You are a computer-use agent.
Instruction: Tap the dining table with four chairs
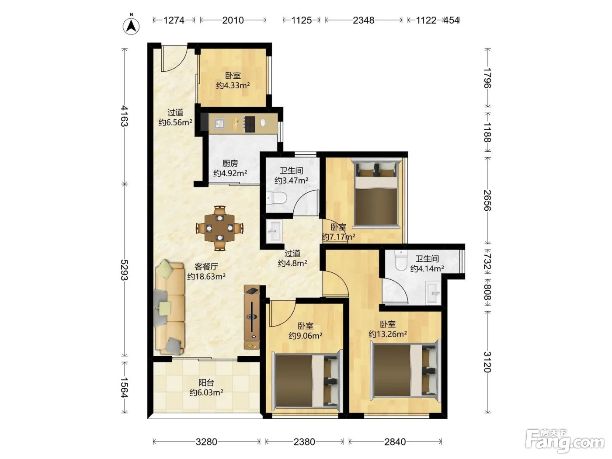[x=220, y=228]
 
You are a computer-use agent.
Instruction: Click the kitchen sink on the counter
[x=219, y=123]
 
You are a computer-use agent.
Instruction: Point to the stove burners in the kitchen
[x=249, y=124]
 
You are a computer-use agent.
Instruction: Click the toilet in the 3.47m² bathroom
[x=276, y=198]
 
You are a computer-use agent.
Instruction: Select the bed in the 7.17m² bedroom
[x=376, y=194]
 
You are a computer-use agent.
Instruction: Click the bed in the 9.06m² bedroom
[x=307, y=381]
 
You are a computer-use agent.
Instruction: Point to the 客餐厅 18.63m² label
[x=206, y=271]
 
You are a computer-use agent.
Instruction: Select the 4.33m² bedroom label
[x=233, y=80]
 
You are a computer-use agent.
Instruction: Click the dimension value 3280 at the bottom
[x=206, y=442]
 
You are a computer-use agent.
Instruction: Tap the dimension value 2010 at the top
[x=233, y=20]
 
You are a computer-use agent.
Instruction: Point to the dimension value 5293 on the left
[x=124, y=270]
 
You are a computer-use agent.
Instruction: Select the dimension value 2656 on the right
[x=487, y=200]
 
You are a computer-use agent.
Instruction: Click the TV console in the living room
[x=252, y=317]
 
